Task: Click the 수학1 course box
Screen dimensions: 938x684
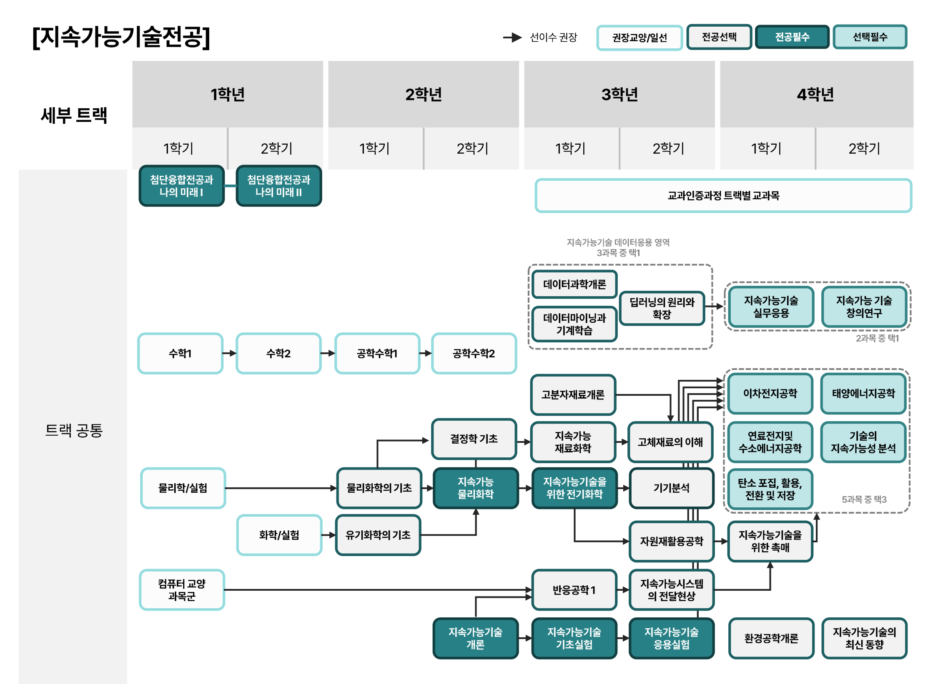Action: [x=180, y=353]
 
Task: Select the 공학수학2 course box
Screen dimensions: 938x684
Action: [x=474, y=353]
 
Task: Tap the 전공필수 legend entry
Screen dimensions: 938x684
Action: [x=792, y=37]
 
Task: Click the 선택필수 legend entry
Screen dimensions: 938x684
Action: [x=870, y=37]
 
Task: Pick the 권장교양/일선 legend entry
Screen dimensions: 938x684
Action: [x=640, y=37]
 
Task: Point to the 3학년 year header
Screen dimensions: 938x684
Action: [x=619, y=94]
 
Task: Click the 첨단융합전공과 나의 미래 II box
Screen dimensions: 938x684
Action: [x=278, y=186]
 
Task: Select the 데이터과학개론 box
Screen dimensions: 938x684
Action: [x=574, y=284]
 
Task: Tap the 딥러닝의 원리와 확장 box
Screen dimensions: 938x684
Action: [x=662, y=308]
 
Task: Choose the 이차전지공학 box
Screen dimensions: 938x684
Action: [x=770, y=393]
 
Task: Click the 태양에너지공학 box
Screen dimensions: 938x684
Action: [x=863, y=393]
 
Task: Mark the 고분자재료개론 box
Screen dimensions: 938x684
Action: [x=573, y=394]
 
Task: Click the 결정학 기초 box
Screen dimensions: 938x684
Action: [x=474, y=439]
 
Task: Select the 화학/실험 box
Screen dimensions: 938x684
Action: [x=279, y=535]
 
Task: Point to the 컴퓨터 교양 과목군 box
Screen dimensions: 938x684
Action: [x=182, y=590]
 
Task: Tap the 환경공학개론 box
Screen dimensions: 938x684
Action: [x=771, y=638]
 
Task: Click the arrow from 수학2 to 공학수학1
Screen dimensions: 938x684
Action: [x=328, y=353]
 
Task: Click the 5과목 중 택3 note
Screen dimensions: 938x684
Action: [x=864, y=499]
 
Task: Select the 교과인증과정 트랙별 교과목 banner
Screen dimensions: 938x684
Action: [x=723, y=195]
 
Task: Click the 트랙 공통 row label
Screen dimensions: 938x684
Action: [x=74, y=430]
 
